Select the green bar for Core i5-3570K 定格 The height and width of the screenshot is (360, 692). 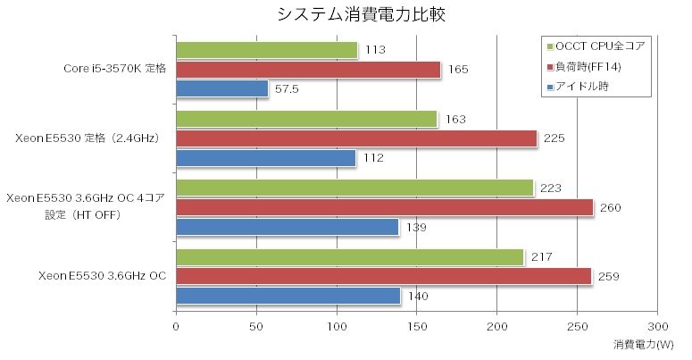coord(266,50)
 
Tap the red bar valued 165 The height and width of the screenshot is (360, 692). coord(308,70)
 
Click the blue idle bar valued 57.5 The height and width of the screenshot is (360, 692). coord(221,88)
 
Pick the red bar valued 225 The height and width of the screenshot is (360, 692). coord(356,138)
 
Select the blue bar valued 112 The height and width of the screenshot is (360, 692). coord(265,158)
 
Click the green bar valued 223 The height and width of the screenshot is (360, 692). coord(354,188)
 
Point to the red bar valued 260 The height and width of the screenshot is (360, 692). coord(384,207)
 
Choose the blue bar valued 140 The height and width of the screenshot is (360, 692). coord(288,296)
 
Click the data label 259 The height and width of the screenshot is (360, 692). coord(608,276)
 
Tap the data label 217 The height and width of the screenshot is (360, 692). coord(541,257)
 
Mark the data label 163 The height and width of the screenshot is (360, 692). coord(454,119)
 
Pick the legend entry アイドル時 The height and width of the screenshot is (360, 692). coord(587,87)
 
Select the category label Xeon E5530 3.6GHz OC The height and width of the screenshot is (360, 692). coord(103,276)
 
